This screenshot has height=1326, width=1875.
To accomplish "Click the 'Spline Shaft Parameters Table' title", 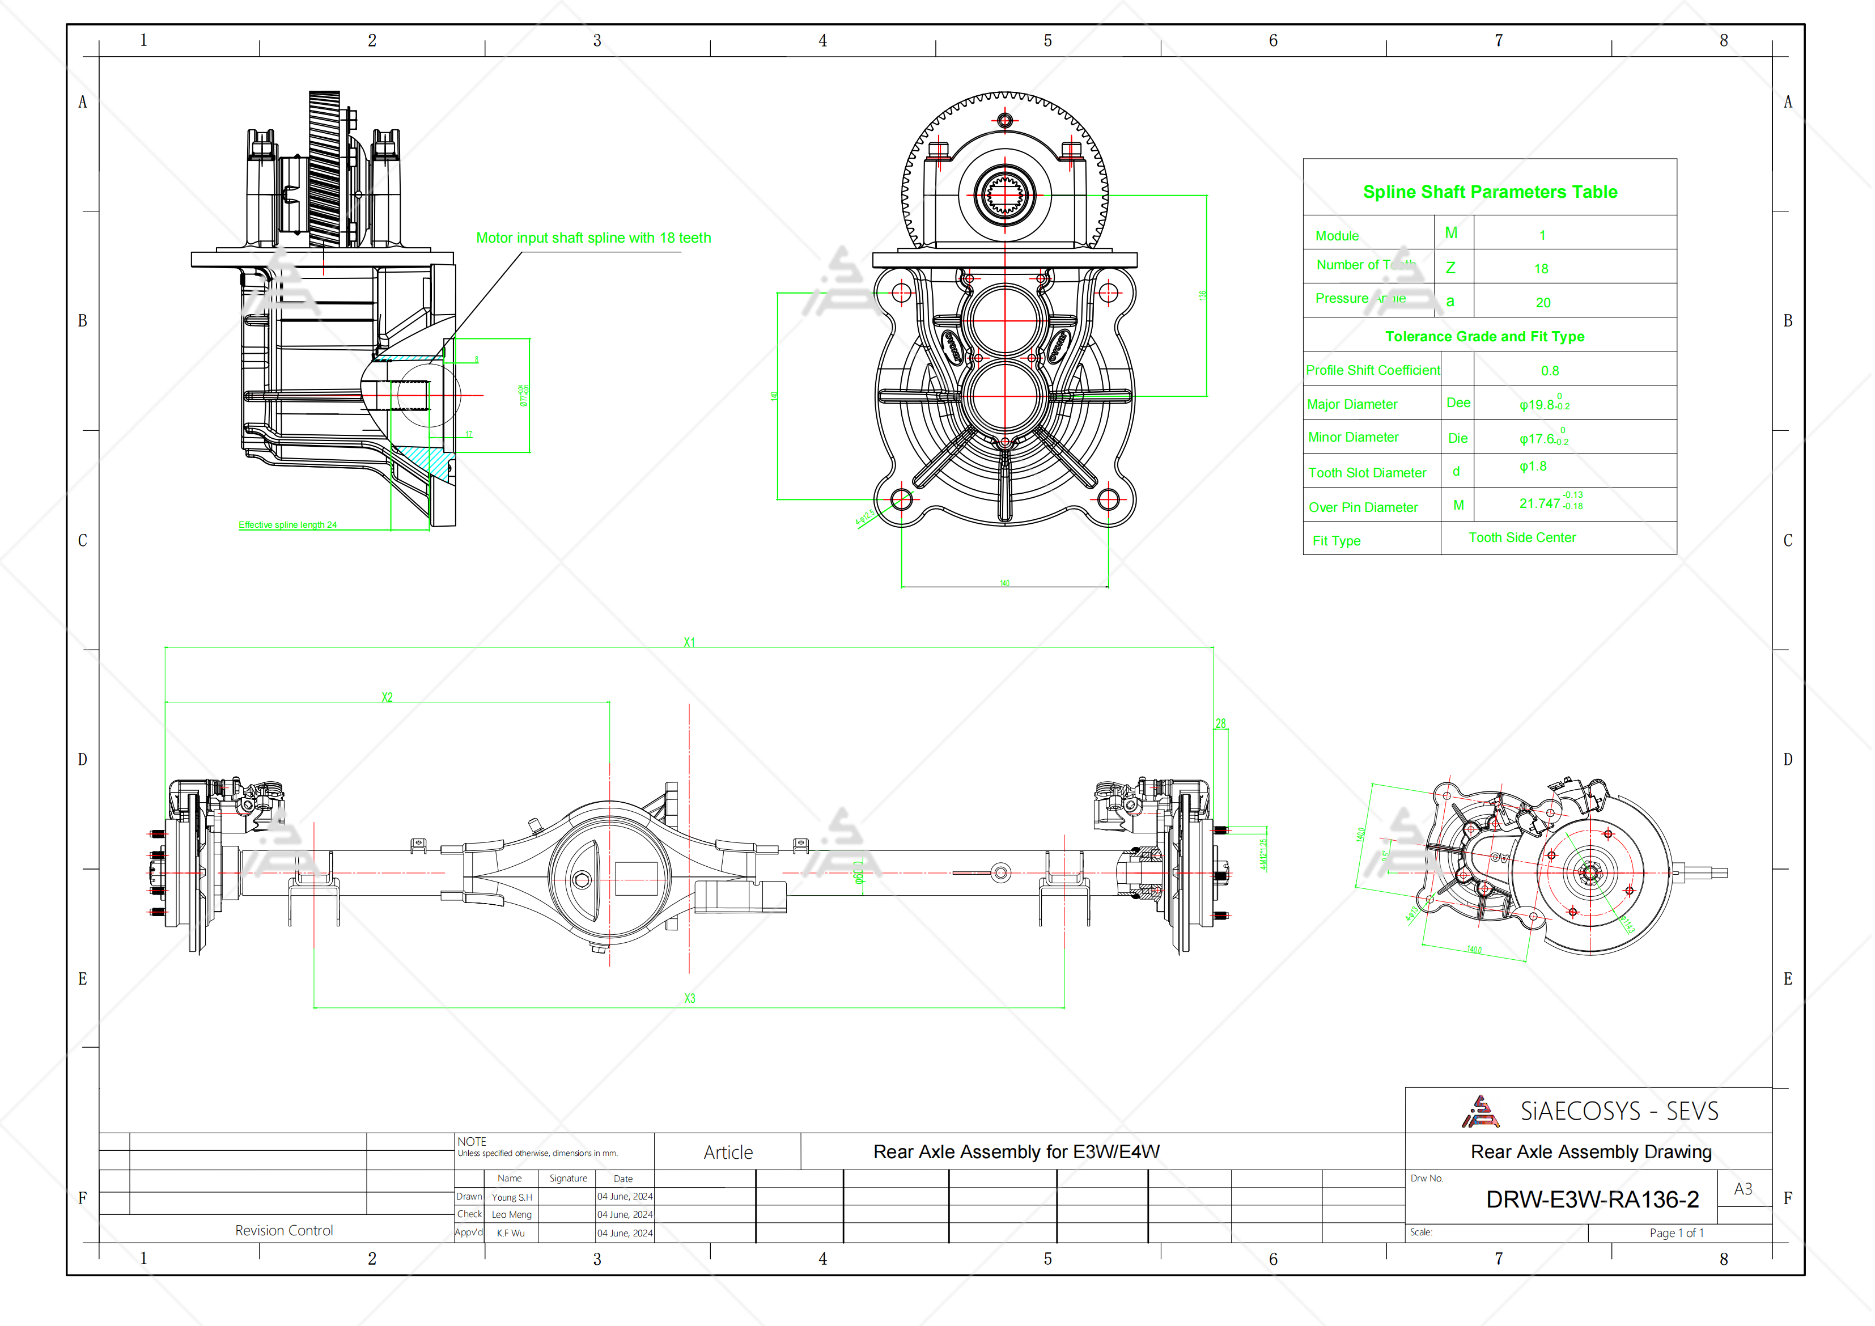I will [1489, 192].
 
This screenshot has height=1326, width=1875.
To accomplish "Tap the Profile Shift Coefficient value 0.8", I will [1549, 371].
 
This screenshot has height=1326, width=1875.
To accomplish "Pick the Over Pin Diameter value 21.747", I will [1540, 503].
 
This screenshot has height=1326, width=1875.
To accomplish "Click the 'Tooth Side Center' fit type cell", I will [1521, 537].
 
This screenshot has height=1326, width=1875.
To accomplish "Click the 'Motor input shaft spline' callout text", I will [593, 238].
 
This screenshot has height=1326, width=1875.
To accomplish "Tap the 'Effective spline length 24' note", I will [287, 524].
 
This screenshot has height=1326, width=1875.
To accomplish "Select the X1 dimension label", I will [689, 643].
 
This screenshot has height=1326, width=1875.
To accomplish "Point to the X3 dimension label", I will [689, 998].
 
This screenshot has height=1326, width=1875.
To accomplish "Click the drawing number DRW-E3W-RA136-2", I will [1592, 1200].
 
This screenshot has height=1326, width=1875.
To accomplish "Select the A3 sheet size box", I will [1743, 1189].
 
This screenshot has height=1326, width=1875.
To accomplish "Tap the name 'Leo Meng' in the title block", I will [511, 1215].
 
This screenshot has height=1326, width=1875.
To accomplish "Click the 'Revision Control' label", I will [284, 1230].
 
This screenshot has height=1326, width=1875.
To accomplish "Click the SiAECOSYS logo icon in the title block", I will [1479, 1112].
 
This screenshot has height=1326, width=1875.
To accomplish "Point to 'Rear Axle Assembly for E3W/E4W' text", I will [1016, 1152].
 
